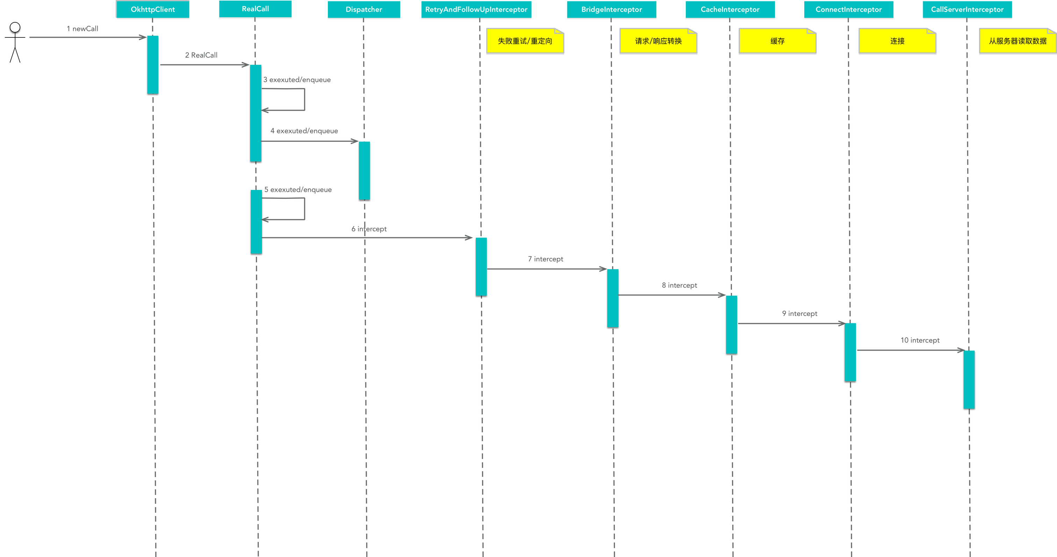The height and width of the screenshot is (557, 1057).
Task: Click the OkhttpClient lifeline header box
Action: (x=153, y=9)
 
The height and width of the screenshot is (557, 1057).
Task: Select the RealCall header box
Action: (x=255, y=9)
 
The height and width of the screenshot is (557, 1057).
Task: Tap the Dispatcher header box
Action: (x=364, y=9)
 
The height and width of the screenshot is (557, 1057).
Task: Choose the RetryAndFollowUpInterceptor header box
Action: (x=476, y=9)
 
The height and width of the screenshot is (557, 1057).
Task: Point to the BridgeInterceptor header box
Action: (x=611, y=9)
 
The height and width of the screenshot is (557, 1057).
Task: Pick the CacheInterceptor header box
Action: (x=730, y=9)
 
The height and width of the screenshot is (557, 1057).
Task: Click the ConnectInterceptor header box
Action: (x=849, y=9)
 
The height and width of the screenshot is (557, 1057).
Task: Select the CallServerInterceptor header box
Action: (x=967, y=9)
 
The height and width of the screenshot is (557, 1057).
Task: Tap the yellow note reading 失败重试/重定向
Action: (x=525, y=41)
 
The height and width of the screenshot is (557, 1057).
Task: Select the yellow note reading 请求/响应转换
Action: (x=658, y=41)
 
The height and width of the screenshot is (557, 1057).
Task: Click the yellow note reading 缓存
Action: (x=777, y=41)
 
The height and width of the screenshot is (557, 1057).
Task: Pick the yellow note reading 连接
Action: (x=897, y=41)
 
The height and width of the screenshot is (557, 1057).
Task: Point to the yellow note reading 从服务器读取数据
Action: (x=1017, y=41)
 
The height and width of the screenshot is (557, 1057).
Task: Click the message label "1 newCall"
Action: (x=82, y=29)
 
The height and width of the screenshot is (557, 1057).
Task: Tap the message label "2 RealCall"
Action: (x=201, y=55)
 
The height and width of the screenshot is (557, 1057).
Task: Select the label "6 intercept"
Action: (x=369, y=229)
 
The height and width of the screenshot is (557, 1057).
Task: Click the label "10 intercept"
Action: (x=920, y=340)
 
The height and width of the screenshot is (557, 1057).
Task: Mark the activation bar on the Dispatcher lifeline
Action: (x=364, y=170)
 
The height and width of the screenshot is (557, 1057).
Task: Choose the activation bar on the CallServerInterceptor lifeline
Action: (x=969, y=379)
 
